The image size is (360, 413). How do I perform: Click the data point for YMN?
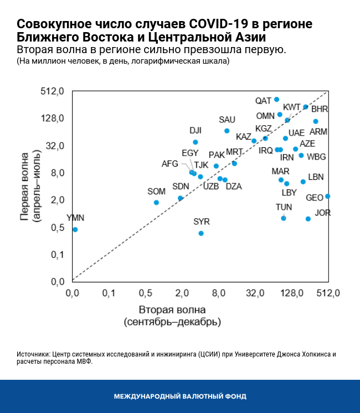[75, 229]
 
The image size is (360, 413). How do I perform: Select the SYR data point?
[201, 233]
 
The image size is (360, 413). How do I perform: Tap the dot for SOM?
[156, 203]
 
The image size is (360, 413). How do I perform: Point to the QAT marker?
[277, 100]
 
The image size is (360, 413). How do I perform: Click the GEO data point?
[327, 196]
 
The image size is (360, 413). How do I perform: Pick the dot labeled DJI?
[196, 142]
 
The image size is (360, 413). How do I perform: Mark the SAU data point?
[227, 131]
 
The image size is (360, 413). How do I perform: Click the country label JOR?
[323, 213]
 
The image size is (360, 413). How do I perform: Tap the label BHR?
[320, 109]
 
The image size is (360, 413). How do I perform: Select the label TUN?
[284, 207]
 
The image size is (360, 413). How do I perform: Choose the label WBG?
[316, 157]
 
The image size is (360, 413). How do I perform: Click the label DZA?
[234, 187]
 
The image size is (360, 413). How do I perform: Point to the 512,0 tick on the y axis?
[54, 91]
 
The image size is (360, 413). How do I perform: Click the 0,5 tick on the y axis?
[58, 228]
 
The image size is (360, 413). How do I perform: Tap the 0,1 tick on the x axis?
[109, 292]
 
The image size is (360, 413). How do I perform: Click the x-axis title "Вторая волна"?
[172, 309]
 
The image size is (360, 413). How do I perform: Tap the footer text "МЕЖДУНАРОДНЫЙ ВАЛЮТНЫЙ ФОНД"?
[180, 396]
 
